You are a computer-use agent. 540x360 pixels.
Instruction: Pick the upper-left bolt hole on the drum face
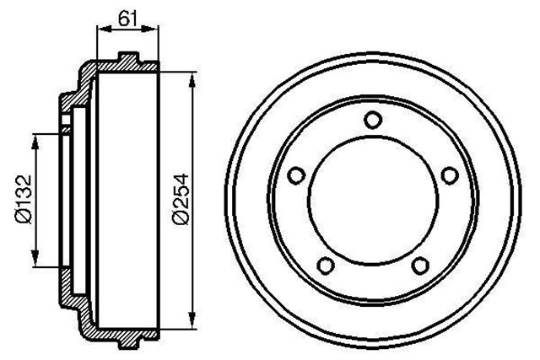coord(296,175)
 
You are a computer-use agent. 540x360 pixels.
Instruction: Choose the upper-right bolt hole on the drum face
coord(449,175)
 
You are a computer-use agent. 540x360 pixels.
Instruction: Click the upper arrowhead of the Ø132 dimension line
coord(35,137)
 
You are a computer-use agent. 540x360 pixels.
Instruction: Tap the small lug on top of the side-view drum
coord(127,59)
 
